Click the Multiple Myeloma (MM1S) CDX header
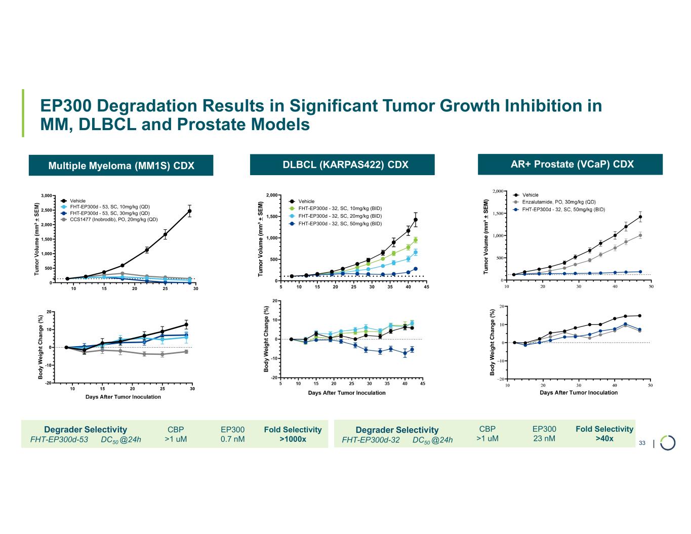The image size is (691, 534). coord(121,166)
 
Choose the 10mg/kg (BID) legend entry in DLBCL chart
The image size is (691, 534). coord(340,209)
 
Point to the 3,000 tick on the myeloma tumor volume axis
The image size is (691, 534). coord(46,196)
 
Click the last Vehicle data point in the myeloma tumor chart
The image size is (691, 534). coord(189,211)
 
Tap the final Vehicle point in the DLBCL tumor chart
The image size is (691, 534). coord(416,220)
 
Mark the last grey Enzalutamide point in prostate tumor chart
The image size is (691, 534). coord(640,235)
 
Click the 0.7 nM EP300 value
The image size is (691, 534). coord(232,439)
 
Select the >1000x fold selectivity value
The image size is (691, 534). coord(293,439)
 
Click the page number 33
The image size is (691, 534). coord(642,443)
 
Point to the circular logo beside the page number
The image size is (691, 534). coord(668,442)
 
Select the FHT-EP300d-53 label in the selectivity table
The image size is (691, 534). coord(59,440)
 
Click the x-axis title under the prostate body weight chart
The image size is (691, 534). coord(579,393)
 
